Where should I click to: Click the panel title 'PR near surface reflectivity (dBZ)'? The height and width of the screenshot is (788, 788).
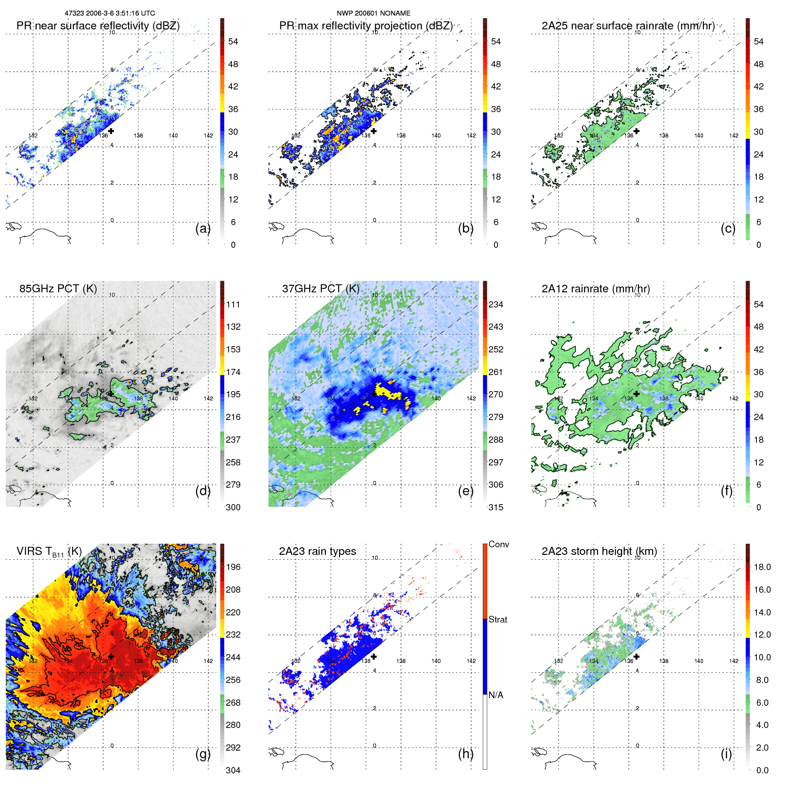[x=98, y=26]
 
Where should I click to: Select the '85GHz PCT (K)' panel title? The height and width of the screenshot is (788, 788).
[x=58, y=289]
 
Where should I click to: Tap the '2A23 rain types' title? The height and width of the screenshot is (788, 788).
[x=317, y=551]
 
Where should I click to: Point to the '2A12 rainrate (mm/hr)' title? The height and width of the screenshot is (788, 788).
[x=595, y=289]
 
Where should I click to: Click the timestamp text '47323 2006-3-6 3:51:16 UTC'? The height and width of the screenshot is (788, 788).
[x=110, y=13]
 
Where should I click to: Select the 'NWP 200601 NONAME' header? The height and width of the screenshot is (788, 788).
[x=373, y=13]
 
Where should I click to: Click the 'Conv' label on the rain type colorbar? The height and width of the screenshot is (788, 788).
[x=498, y=544]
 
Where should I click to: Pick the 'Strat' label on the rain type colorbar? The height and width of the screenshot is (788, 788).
[x=497, y=619]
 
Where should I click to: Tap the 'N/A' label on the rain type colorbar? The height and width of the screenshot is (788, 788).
[x=496, y=695]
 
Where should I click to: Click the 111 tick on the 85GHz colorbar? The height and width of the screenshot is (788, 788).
[x=233, y=305]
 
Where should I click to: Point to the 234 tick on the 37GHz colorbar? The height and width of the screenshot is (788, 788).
[x=496, y=305]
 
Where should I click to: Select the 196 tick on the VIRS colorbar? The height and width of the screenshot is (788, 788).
[x=233, y=567]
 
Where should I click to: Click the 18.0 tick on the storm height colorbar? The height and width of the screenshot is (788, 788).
[x=762, y=567]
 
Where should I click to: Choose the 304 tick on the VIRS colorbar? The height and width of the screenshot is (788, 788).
[x=233, y=770]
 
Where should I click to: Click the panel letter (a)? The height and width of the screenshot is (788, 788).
[x=202, y=229]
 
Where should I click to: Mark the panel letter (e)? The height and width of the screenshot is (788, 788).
[x=465, y=491]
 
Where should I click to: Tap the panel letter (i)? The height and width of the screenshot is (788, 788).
[x=726, y=754]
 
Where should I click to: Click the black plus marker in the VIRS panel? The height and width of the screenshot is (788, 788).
[x=111, y=656]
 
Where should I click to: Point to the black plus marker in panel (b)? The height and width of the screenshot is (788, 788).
[x=374, y=131]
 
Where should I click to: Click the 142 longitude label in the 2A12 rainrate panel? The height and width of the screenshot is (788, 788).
[x=734, y=399]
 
